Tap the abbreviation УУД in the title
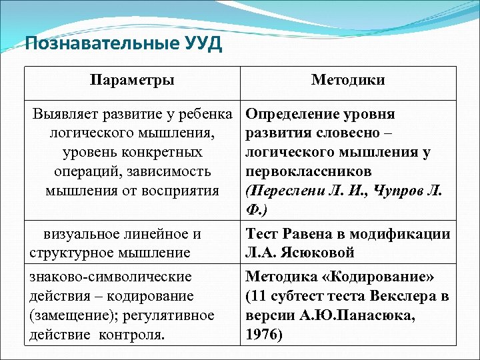coord(195,45)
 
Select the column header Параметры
coord(132,81)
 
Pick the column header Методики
coord(348,81)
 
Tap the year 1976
coord(264,335)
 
